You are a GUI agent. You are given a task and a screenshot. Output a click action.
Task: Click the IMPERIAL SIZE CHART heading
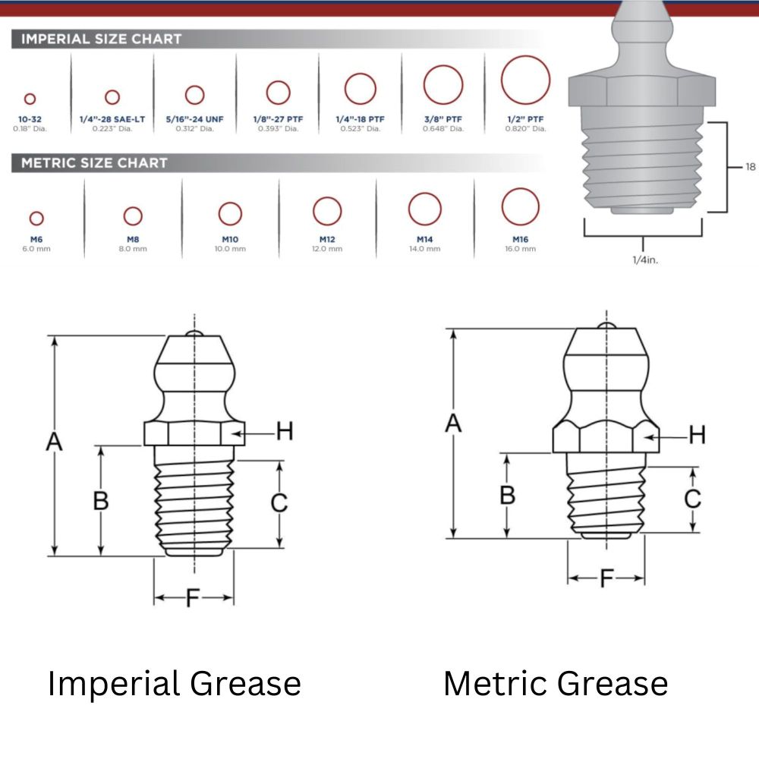click(x=101, y=39)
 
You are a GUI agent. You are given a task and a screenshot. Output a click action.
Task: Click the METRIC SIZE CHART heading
click(x=94, y=162)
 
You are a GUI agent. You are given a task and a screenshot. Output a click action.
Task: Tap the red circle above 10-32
click(x=30, y=99)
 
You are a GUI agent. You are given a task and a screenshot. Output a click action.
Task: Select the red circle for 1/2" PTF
click(x=525, y=80)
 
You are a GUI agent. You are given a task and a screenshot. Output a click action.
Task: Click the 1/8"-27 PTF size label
click(x=278, y=120)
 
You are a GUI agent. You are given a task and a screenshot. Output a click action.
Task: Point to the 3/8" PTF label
click(x=443, y=120)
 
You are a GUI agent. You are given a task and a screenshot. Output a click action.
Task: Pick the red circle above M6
click(x=36, y=219)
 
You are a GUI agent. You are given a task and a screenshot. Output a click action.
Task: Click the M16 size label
click(x=520, y=239)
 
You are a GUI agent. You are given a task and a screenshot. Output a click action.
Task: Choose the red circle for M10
click(x=230, y=214)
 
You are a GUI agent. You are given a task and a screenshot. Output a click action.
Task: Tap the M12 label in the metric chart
click(x=327, y=239)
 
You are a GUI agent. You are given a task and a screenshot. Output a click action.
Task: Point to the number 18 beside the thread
click(x=750, y=167)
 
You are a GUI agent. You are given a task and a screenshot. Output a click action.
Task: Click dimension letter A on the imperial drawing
click(x=53, y=441)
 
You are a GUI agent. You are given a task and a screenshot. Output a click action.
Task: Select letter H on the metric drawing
click(x=697, y=435)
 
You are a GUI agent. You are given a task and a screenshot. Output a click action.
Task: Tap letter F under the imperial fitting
click(x=193, y=599)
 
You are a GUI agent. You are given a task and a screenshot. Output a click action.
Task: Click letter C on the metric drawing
click(x=692, y=499)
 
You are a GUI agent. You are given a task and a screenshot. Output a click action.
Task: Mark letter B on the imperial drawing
click(x=100, y=501)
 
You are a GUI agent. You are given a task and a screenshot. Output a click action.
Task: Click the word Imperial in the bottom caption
click(x=113, y=684)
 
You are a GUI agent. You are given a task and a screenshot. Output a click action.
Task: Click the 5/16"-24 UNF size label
click(x=195, y=120)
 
